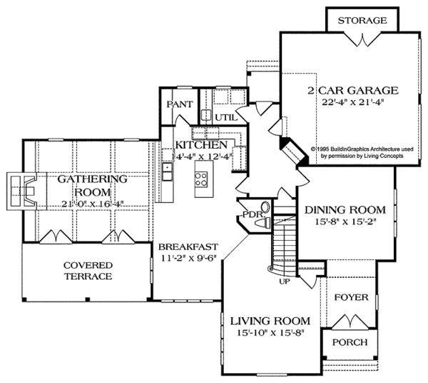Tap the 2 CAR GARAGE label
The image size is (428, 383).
click(x=352, y=91)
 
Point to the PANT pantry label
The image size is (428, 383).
click(x=178, y=104)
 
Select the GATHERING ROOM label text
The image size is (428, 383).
click(x=83, y=186)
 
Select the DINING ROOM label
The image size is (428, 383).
click(x=345, y=210)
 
